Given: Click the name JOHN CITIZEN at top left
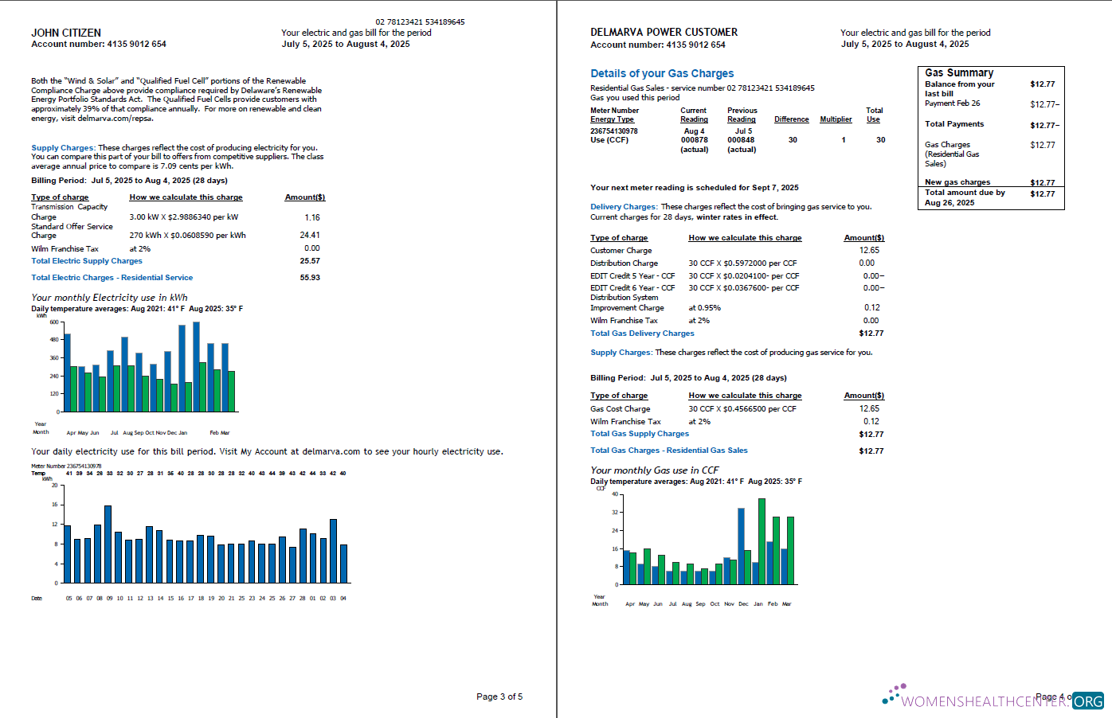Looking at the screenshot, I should point(66,33).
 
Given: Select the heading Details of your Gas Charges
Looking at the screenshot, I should point(661,73).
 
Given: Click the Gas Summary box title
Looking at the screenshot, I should point(958,72).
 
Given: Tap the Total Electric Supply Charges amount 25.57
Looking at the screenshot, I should point(310,261).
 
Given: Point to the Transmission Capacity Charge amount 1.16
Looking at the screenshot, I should point(311,217).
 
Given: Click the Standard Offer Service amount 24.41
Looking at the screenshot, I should point(310,235).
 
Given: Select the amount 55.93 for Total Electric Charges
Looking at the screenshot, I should point(310,278).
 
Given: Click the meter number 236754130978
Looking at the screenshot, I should point(613,131).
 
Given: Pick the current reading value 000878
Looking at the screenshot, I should point(694,140).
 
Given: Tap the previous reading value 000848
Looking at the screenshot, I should point(740,140).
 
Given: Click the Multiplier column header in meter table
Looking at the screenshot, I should point(836,119).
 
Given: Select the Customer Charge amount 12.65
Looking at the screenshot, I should point(869,250).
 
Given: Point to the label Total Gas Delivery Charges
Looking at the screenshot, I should point(641,334).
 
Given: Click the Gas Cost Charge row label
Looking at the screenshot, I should point(620,409).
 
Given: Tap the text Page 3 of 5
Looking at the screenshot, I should point(499,697).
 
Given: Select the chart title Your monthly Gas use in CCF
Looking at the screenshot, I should point(654,470).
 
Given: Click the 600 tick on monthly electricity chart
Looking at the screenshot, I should point(54,322).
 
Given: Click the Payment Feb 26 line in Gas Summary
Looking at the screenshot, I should point(952,103).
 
